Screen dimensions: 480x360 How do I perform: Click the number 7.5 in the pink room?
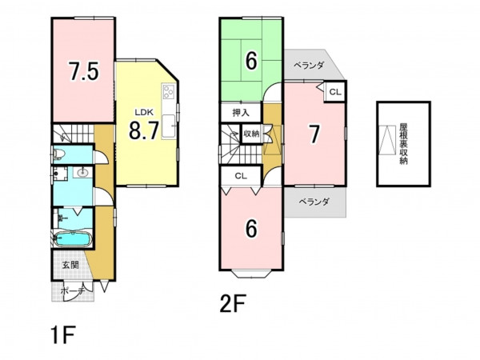83,71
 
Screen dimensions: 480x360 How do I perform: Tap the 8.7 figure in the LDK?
144,130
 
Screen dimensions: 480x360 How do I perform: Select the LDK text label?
144,112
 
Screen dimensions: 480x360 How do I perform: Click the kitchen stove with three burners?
169,91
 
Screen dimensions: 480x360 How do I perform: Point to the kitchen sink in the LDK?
168,126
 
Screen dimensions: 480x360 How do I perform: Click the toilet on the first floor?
58,154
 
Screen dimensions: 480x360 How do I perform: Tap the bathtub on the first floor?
73,238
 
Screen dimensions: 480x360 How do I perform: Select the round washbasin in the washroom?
82,173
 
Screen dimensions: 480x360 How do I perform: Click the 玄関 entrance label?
70,265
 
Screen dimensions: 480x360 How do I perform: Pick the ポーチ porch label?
72,291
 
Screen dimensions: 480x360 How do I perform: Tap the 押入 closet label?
241,113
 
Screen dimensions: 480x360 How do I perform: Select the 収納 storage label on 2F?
251,134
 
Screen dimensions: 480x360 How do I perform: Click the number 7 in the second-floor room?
314,134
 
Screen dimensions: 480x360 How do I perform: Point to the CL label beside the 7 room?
335,92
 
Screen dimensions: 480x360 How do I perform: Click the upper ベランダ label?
309,66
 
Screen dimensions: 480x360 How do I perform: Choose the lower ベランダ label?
314,202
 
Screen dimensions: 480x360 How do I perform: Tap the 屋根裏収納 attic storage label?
403,144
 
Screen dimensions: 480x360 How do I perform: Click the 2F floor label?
233,303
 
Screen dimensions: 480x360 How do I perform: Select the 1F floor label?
63,335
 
